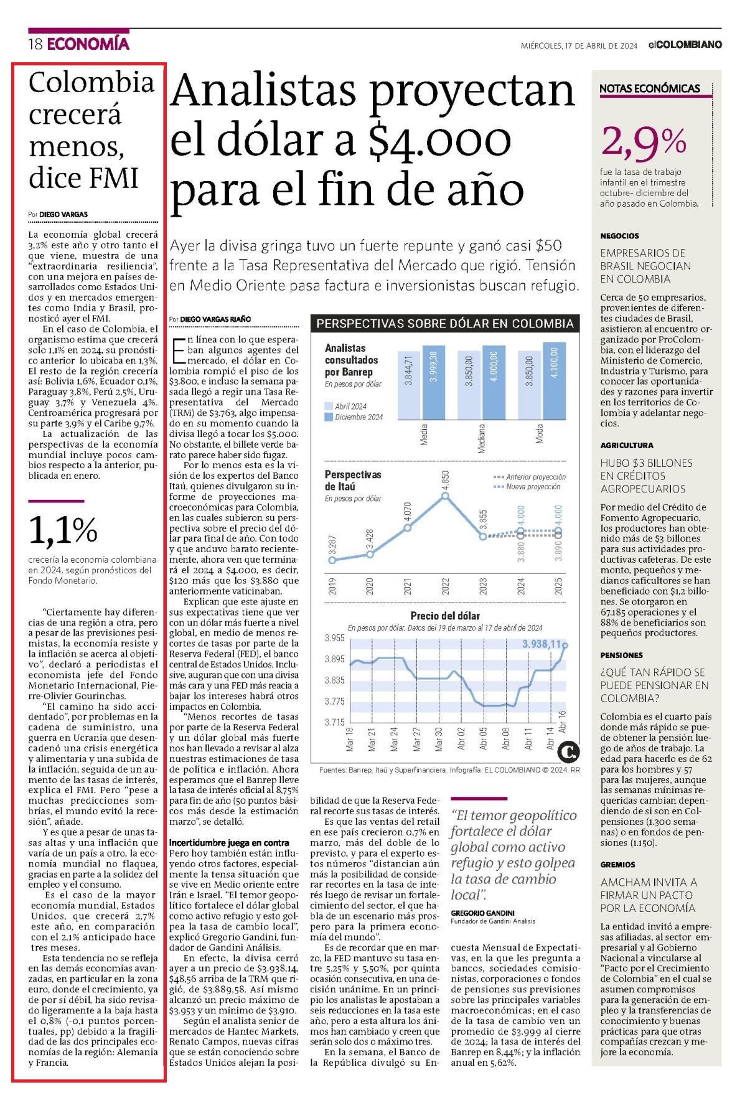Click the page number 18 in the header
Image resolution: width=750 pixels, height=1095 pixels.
tap(35, 44)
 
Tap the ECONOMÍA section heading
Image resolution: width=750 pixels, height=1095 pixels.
tap(88, 44)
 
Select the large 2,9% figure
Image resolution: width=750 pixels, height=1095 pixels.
tap(644, 143)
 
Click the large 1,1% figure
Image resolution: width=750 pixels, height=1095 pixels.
tap(63, 530)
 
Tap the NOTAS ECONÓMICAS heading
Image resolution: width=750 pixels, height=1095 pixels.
tap(649, 88)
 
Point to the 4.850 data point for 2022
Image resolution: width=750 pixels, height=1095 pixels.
tap(445, 496)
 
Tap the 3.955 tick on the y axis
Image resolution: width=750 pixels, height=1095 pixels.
tap(334, 638)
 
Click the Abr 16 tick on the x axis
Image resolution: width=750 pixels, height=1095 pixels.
tap(562, 720)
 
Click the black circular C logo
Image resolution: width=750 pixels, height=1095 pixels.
tap(568, 751)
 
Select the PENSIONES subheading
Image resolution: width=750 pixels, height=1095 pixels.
tap(621, 655)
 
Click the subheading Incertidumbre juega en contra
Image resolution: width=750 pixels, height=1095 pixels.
tap(229, 842)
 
